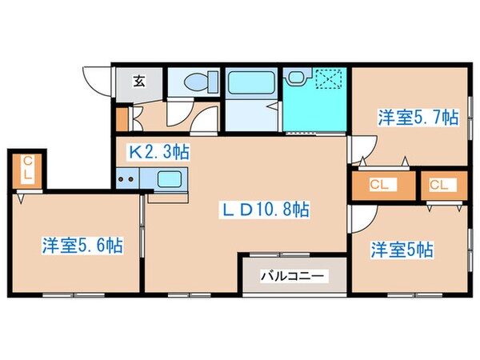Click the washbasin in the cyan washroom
[297, 78]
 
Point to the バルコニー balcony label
[293, 276]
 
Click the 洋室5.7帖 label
[418, 118]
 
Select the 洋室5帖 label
[402, 250]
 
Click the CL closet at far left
[27, 170]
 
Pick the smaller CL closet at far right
[439, 186]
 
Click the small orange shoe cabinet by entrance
[121, 117]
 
